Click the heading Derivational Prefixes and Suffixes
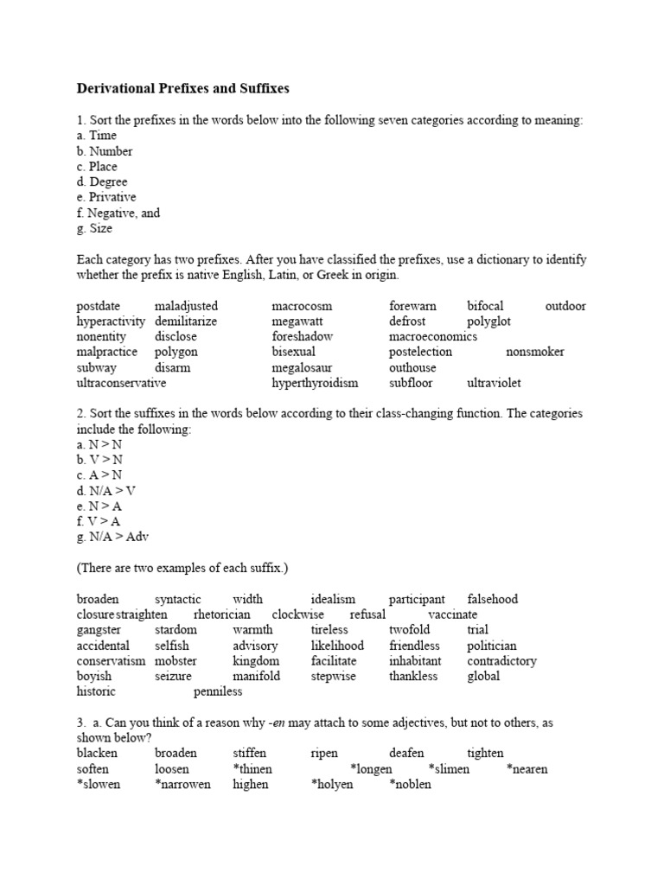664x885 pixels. (x=182, y=88)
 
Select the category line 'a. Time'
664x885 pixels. (x=96, y=136)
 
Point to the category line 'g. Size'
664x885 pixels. (x=94, y=229)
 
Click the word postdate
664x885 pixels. (x=99, y=306)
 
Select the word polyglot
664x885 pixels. (x=489, y=322)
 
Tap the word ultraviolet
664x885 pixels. (x=494, y=383)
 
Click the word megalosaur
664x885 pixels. (x=302, y=368)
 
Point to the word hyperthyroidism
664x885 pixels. (x=315, y=383)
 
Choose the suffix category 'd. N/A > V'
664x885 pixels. (x=106, y=491)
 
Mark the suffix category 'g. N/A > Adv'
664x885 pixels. (x=112, y=538)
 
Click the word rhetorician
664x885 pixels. (x=222, y=614)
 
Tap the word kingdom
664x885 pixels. (x=256, y=661)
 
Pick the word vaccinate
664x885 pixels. (x=452, y=614)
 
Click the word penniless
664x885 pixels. (x=218, y=692)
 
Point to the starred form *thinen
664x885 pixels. (x=252, y=769)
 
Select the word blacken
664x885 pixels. (x=97, y=754)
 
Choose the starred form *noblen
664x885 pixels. (x=410, y=785)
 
